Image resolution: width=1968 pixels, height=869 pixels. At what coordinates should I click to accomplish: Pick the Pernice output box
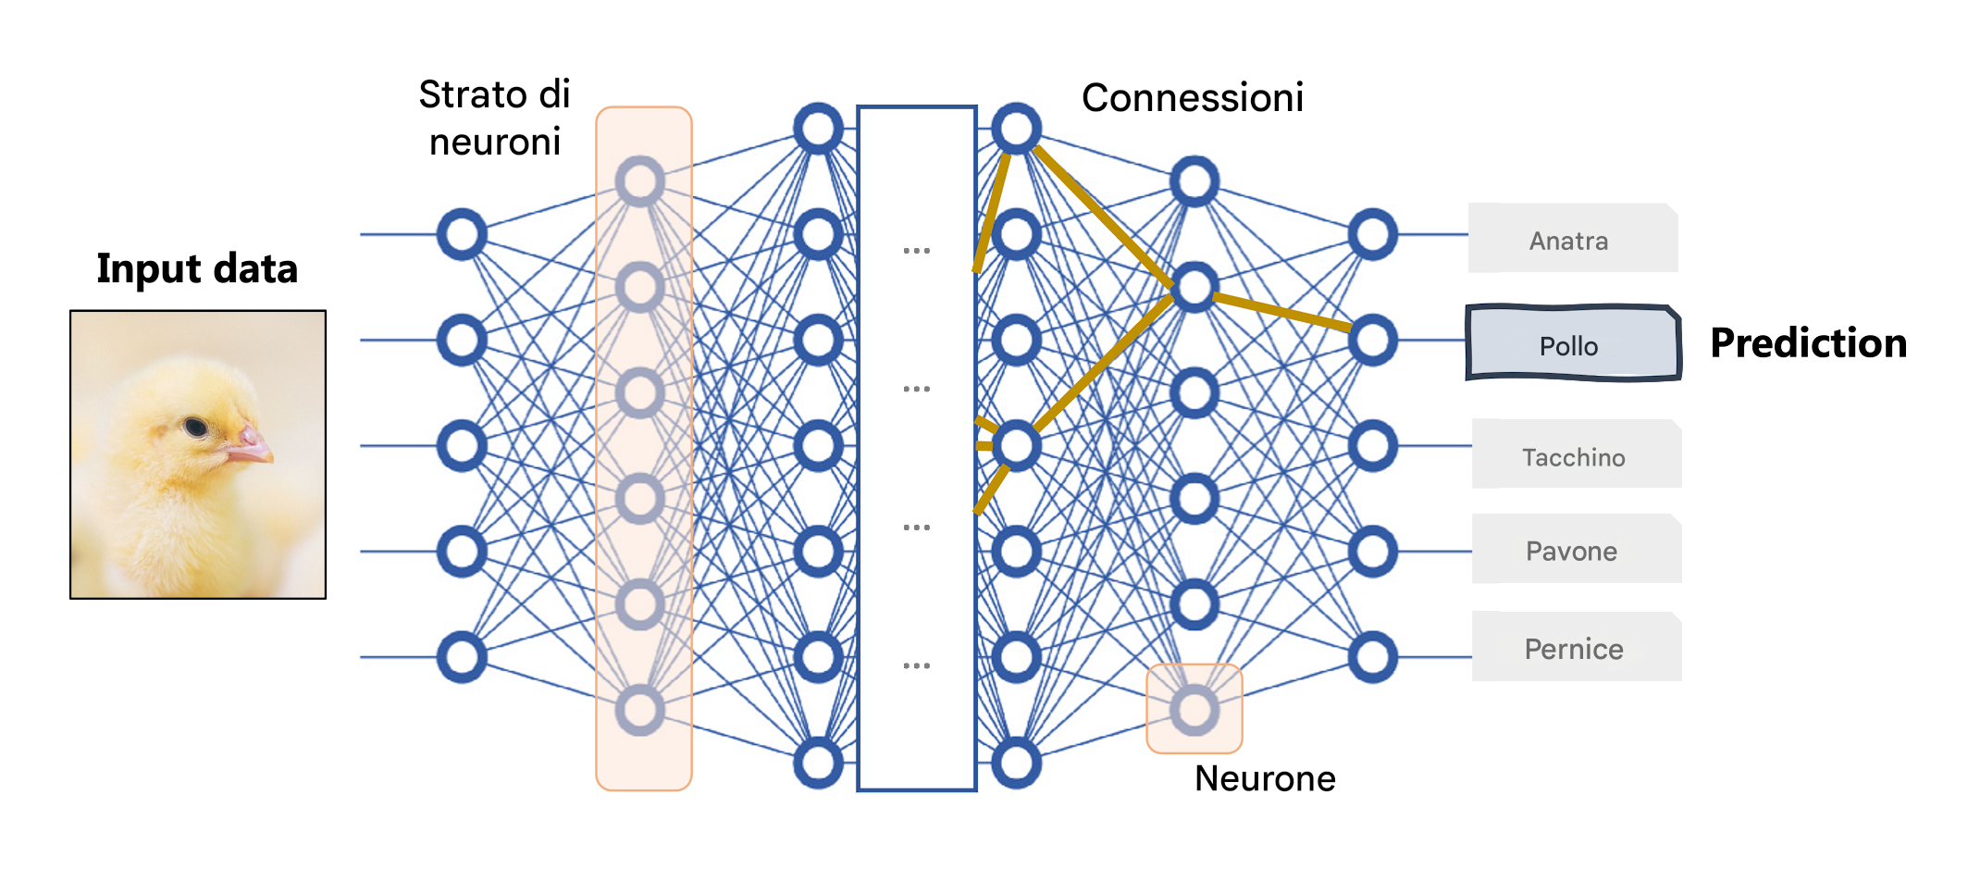click(x=1576, y=648)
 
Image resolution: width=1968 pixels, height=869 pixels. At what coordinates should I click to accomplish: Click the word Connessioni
click(x=1192, y=98)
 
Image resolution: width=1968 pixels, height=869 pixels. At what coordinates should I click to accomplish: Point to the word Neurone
click(x=1264, y=778)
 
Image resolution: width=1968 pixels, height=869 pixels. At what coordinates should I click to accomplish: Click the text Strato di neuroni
click(x=495, y=118)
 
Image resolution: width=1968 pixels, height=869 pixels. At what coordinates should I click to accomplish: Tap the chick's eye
click(x=195, y=427)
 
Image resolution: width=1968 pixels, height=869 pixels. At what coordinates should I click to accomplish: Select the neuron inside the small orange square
click(x=1194, y=710)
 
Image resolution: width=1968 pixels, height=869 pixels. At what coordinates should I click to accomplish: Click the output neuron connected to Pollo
click(x=1372, y=340)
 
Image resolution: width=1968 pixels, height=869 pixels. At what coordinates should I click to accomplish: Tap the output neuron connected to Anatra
click(x=1372, y=234)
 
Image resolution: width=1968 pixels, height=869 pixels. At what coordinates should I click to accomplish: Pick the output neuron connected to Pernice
click(x=1372, y=657)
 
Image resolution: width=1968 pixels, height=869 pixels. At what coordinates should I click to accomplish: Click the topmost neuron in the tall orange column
click(x=640, y=181)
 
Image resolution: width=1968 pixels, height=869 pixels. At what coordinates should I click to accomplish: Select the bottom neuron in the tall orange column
click(x=640, y=710)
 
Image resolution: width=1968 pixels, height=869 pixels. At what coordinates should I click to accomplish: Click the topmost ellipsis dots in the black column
click(x=916, y=250)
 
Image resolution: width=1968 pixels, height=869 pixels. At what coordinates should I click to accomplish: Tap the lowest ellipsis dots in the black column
click(x=916, y=665)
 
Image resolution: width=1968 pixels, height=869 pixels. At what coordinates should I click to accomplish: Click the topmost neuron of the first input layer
click(x=462, y=234)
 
